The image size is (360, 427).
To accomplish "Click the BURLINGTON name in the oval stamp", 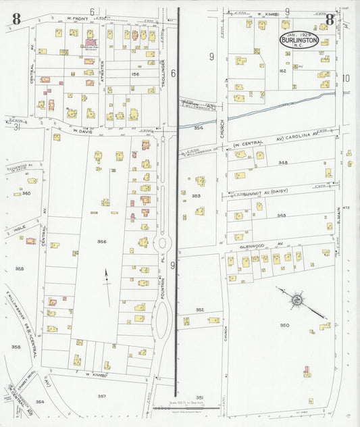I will pyautogui.click(x=299, y=40).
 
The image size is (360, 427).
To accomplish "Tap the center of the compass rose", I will pyautogui.click(x=297, y=299).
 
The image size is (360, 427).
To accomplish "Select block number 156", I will pyautogui.click(x=135, y=74).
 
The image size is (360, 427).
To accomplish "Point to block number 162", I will pyautogui.click(x=283, y=70).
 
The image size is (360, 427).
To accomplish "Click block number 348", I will pyautogui.click(x=282, y=163).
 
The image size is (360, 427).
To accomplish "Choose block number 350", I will pyautogui.click(x=284, y=325).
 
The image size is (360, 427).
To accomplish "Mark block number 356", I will pyautogui.click(x=101, y=241).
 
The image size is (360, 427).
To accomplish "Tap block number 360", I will pyautogui.click(x=26, y=193).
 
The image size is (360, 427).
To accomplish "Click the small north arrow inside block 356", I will pyautogui.click(x=105, y=278).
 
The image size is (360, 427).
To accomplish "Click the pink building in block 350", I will pyautogui.click(x=307, y=371).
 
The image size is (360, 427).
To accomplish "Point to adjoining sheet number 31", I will pyautogui.click(x=16, y=126).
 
